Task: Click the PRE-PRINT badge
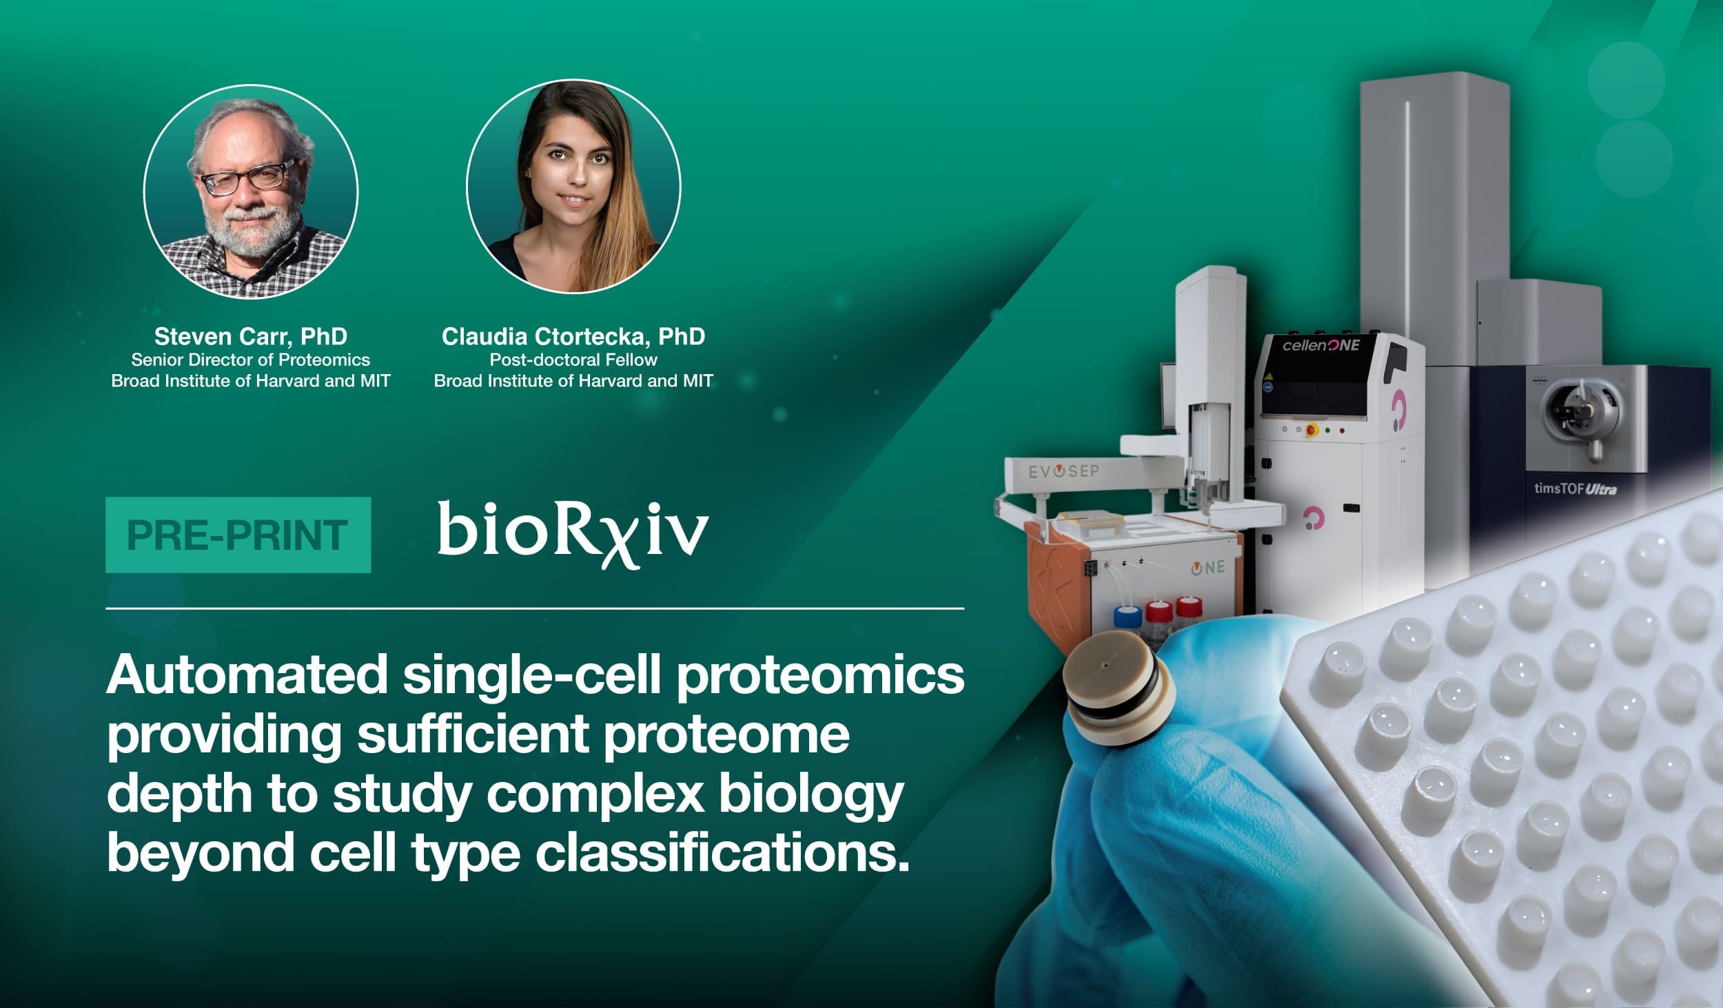238,535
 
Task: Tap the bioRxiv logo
573,534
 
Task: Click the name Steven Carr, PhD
251,336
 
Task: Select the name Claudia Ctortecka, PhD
573,336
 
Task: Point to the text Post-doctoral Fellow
573,360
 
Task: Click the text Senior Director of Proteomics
251,360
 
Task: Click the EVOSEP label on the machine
1063,473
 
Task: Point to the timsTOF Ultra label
1575,488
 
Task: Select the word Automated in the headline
246,675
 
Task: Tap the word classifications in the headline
723,852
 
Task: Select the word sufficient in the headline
472,734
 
